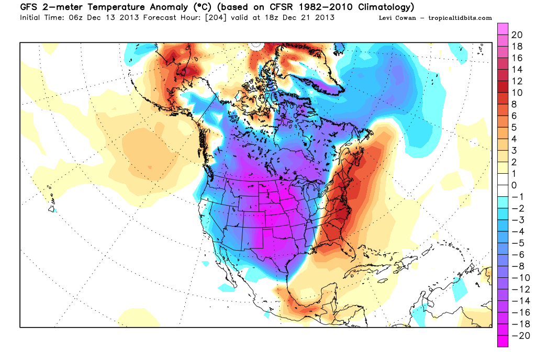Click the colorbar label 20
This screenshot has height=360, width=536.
(x=517, y=35)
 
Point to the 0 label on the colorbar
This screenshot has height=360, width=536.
(x=514, y=185)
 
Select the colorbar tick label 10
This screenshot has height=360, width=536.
(x=517, y=93)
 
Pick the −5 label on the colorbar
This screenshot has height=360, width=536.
(x=518, y=243)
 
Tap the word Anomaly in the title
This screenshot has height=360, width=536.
(x=167, y=7)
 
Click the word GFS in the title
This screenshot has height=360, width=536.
(x=28, y=7)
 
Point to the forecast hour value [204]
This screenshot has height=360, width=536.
(x=216, y=17)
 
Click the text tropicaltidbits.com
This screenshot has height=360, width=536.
(x=460, y=18)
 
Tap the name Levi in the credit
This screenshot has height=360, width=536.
(x=385, y=18)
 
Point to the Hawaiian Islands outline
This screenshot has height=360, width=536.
(x=51, y=200)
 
